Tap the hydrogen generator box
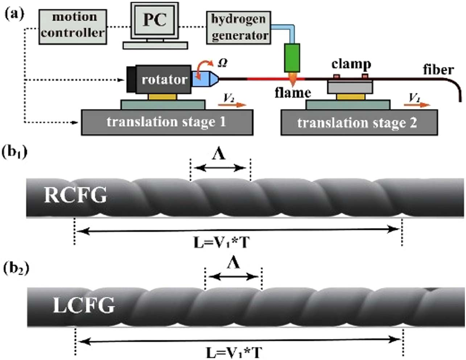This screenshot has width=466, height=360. (x=239, y=28)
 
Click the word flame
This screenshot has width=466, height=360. (x=293, y=93)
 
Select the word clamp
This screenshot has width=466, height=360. (x=351, y=65)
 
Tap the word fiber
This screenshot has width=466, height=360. (x=438, y=69)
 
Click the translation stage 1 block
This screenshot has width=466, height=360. (x=166, y=122)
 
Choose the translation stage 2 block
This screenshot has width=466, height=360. (x=359, y=123)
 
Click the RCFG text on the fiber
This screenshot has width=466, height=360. (x=75, y=196)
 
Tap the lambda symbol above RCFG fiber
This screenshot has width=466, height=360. (x=219, y=155)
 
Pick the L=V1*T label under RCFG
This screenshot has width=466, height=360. (x=221, y=242)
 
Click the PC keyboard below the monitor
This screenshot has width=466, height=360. (x=155, y=45)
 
